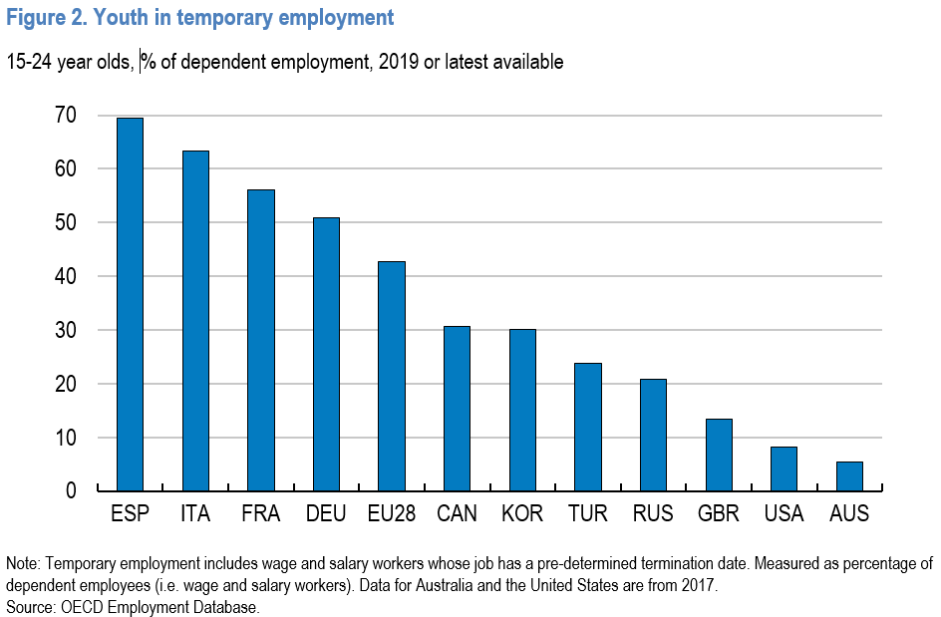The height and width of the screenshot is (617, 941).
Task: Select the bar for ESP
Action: click(x=130, y=304)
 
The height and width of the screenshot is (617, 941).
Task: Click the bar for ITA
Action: click(x=195, y=321)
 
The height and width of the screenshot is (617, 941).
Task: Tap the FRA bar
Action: click(x=261, y=340)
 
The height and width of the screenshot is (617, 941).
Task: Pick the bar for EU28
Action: click(x=392, y=377)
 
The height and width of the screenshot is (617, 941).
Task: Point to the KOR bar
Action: click(x=522, y=410)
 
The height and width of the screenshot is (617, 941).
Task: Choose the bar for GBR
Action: click(x=719, y=455)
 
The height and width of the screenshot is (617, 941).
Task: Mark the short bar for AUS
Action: click(x=849, y=476)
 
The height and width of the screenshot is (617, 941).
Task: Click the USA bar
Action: click(x=784, y=468)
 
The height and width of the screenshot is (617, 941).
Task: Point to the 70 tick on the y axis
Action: click(x=66, y=115)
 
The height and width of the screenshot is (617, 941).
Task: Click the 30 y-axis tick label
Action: click(x=66, y=330)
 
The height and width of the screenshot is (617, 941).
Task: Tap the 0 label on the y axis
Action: click(x=72, y=491)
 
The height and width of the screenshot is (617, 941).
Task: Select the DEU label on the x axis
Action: click(x=326, y=513)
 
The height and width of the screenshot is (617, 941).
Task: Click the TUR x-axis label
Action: click(x=587, y=513)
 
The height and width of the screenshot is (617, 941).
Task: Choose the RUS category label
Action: click(x=653, y=513)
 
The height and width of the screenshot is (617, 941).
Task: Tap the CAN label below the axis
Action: click(x=457, y=513)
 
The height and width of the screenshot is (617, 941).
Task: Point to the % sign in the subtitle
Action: click(x=149, y=62)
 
